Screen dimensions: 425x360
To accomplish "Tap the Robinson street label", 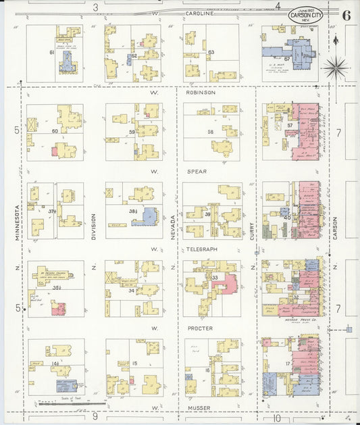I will pos(201,93).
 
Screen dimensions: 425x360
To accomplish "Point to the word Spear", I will pos(197,172).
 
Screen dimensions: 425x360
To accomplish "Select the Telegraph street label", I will pos(202,249).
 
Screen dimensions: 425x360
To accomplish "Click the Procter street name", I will pos(200,328).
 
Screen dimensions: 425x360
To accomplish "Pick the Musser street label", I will pos(200,408).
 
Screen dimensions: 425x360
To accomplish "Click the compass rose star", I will pos(335,68).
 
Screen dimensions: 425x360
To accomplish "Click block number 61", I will pos(51,52).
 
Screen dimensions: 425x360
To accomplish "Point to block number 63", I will pos(211,52).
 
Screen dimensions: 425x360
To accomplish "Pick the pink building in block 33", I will pos(226,284).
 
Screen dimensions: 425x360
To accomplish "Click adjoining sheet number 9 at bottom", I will pos(96,416).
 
